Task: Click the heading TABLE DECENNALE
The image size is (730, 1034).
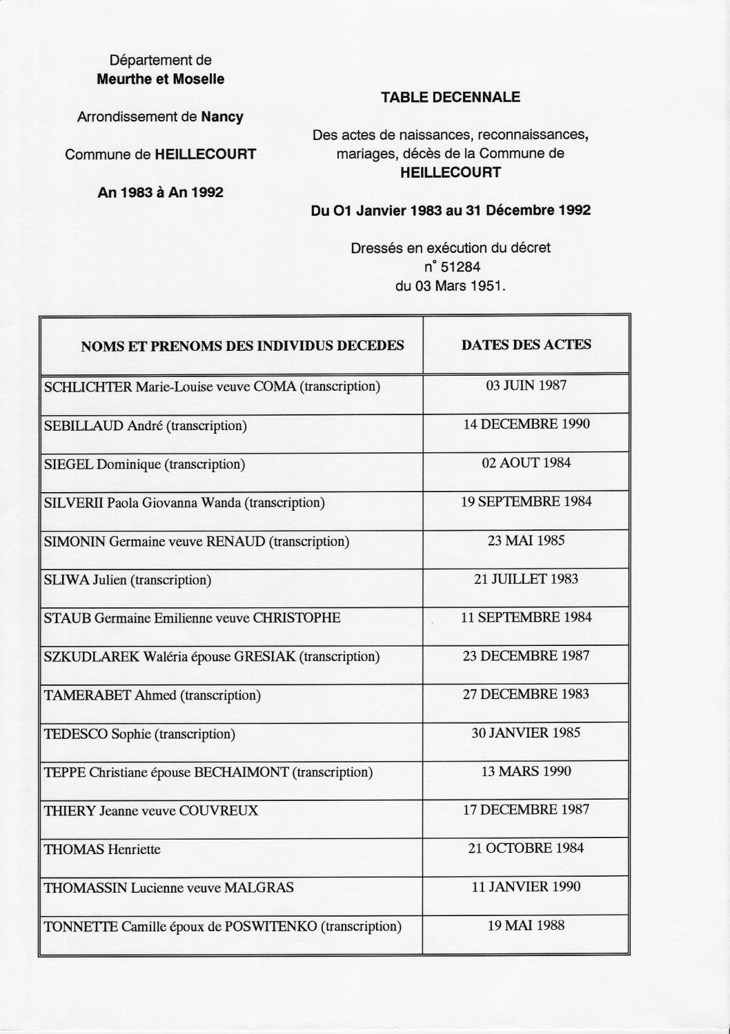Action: pyautogui.click(x=450, y=97)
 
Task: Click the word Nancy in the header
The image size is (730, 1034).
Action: pyautogui.click(x=222, y=117)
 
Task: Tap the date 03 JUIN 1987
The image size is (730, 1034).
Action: pyautogui.click(x=526, y=385)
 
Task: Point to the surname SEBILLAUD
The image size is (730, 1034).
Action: pyautogui.click(x=83, y=425)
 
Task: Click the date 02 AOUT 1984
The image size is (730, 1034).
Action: pyautogui.click(x=526, y=463)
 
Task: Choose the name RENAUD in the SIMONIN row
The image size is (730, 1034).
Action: pyautogui.click(x=235, y=541)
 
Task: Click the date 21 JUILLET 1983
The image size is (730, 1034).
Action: pyautogui.click(x=526, y=579)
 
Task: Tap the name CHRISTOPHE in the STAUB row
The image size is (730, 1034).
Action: pyautogui.click(x=296, y=618)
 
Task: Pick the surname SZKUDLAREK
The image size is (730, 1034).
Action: pyautogui.click(x=92, y=656)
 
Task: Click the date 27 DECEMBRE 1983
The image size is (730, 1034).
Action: pyautogui.click(x=526, y=694)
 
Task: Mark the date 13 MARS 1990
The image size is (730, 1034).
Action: pyautogui.click(x=526, y=771)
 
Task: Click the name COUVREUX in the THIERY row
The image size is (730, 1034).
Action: pyautogui.click(x=218, y=811)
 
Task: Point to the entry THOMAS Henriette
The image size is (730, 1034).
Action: pyautogui.click(x=102, y=849)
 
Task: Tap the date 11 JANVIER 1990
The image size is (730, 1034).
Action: pyautogui.click(x=526, y=887)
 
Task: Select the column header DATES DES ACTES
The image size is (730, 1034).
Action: pyautogui.click(x=526, y=345)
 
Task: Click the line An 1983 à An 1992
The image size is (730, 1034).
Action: pyautogui.click(x=160, y=192)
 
